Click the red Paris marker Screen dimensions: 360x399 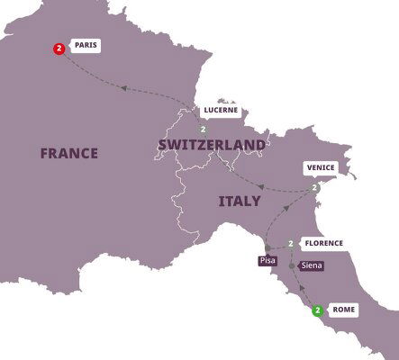coord(59,49)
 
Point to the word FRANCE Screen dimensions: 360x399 coord(68,153)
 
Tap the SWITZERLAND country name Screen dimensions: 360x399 coord(212,145)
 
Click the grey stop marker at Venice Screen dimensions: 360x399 coord(314,188)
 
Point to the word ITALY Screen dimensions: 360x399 coord(240,202)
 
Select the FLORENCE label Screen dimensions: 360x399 coord(322,244)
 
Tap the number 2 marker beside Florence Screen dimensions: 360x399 coord(291,244)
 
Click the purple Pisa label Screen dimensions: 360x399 coord(267,260)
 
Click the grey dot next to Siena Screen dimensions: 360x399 coord(292,266)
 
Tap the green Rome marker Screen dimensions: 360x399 coord(317,310)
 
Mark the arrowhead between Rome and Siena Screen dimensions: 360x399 coord(302,289)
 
